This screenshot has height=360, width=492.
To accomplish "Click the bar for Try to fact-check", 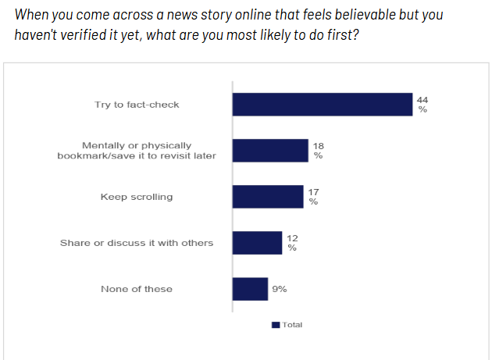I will [x=322, y=105].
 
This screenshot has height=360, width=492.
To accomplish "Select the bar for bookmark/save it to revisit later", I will [x=270, y=151].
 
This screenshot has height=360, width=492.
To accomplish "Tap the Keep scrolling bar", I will [x=267, y=197].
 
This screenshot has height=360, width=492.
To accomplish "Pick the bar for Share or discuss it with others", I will [x=257, y=243].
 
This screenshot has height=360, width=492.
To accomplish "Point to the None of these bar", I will [x=250, y=289].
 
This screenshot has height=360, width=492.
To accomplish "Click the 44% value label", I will [x=423, y=105].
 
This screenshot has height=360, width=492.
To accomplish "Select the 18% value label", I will [x=319, y=151].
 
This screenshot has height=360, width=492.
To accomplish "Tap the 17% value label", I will [x=313, y=197].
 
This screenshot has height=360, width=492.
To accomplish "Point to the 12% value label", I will [x=292, y=243].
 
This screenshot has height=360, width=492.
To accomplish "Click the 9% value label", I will [x=279, y=289].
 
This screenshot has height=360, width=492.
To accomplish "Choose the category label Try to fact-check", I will [x=137, y=105].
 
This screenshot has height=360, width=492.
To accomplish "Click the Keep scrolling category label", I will [x=137, y=197].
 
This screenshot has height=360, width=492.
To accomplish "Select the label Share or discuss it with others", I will [x=137, y=243].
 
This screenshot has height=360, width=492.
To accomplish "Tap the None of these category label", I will [x=137, y=289].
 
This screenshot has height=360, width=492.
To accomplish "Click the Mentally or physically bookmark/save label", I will [x=137, y=151].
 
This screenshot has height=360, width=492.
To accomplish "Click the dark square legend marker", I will [x=275, y=325].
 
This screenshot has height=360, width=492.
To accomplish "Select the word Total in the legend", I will [x=292, y=325].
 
